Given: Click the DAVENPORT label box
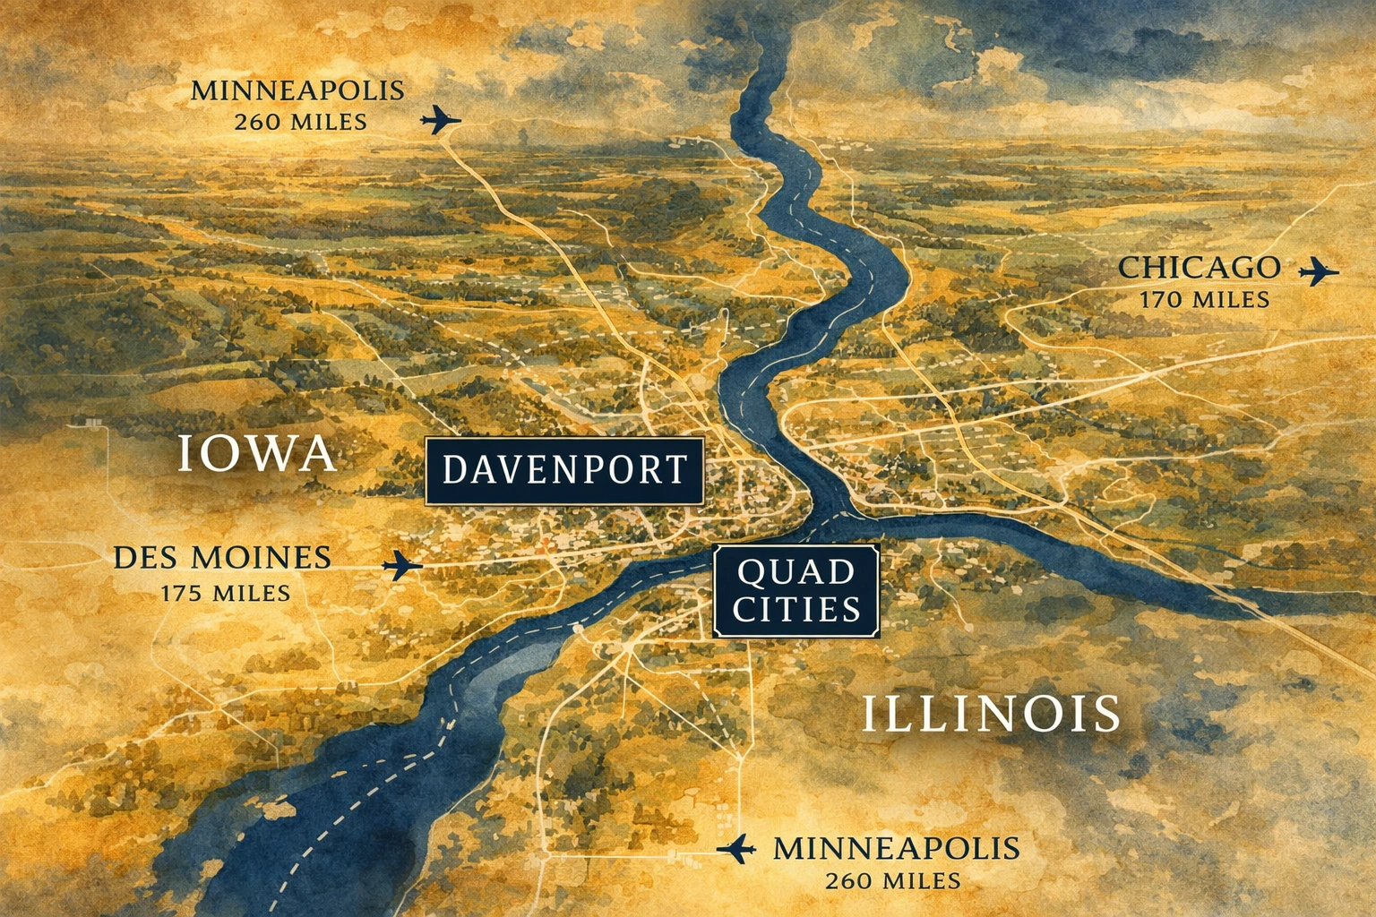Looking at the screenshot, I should click(564, 470).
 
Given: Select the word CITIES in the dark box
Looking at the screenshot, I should click(796, 610).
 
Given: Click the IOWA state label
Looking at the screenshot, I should click(256, 453).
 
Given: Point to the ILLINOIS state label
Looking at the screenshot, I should click(991, 714).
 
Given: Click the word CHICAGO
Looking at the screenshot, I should click(1199, 267).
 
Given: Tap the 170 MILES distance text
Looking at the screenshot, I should click(1204, 299).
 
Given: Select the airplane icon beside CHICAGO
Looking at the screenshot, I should click(1318, 270).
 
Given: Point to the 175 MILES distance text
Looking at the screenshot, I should click(226, 593).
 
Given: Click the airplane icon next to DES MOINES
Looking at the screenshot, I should click(402, 565).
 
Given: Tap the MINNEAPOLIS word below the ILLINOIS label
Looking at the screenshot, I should click(896, 848).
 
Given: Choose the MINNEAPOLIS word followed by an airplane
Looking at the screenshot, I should click(297, 90).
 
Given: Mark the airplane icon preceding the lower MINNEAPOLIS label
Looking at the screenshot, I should click(737, 848).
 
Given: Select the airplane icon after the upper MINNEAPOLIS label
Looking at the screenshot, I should click(441, 119).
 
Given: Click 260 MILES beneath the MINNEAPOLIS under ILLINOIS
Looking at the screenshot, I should click(893, 881).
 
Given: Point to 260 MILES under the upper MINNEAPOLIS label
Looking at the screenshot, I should click(301, 122).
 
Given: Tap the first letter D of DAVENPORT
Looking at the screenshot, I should click(454, 470).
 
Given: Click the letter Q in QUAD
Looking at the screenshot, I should click(750, 572).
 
